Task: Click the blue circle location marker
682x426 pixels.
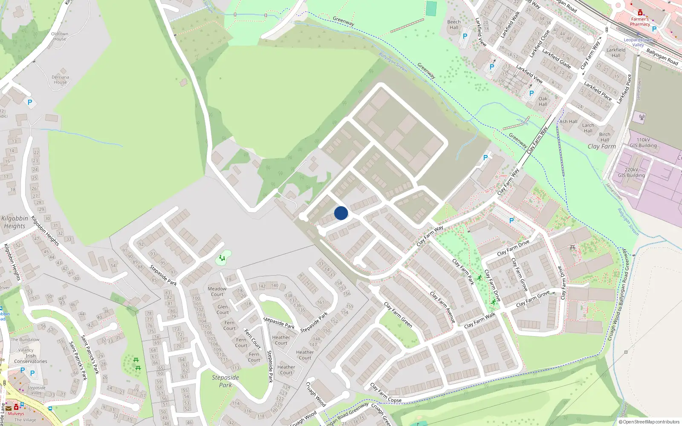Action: coord(341,213)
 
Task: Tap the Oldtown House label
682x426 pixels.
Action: coord(60,36)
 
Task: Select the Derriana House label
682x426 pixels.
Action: coord(60,80)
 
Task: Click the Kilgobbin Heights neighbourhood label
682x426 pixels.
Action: coord(14,222)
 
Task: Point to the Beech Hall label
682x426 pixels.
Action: coord(454,25)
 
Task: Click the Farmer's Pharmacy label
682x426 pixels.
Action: coord(640,22)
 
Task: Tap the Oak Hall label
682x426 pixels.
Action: coord(543,101)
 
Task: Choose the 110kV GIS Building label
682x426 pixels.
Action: coord(643,143)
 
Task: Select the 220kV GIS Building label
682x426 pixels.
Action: coord(631,173)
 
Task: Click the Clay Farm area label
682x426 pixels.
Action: coord(601,147)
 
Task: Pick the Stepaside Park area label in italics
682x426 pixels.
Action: coord(225,381)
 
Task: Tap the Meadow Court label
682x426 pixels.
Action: coord(217,291)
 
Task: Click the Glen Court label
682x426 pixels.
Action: coord(223,309)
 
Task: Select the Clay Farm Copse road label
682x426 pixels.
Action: coord(385,393)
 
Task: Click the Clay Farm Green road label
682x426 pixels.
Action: coord(398,315)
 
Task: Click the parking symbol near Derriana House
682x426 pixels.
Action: coord(30,102)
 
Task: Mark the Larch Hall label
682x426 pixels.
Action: coord(588,128)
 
